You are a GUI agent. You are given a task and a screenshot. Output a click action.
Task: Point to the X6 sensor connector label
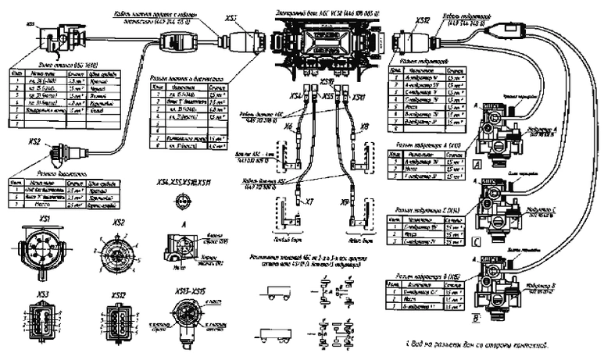click(289, 127)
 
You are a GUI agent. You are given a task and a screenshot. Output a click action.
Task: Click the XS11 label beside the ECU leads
click(358, 98)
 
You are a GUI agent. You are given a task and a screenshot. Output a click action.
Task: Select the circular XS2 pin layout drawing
click(119, 252)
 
